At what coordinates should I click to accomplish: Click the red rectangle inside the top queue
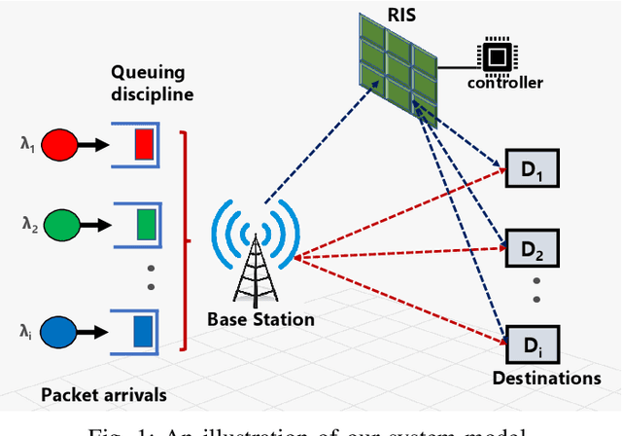coord(143,147)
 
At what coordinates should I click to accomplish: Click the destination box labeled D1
coord(533,171)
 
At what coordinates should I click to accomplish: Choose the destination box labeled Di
coord(533,345)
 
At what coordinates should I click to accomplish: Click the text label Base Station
coord(260,319)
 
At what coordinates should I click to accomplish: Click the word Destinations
coord(546,378)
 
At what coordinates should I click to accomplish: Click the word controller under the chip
coord(504,83)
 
